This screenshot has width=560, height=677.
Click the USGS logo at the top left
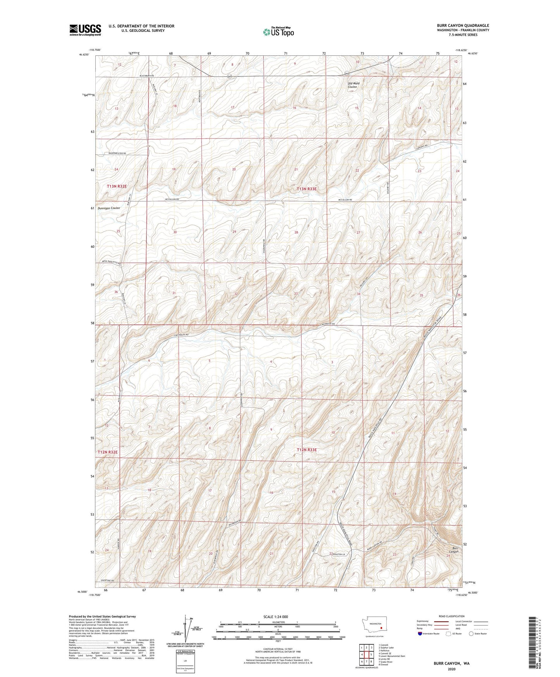click(x=85, y=29)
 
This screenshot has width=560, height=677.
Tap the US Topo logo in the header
click(x=278, y=32)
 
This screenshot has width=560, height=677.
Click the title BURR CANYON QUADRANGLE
click(x=463, y=26)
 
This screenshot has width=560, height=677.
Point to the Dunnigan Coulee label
click(x=109, y=208)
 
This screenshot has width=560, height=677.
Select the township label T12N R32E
click(x=107, y=452)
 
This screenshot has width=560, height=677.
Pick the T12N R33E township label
click(x=307, y=450)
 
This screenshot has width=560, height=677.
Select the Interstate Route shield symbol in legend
click(x=420, y=634)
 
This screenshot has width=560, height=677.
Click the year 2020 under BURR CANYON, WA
click(x=451, y=669)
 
